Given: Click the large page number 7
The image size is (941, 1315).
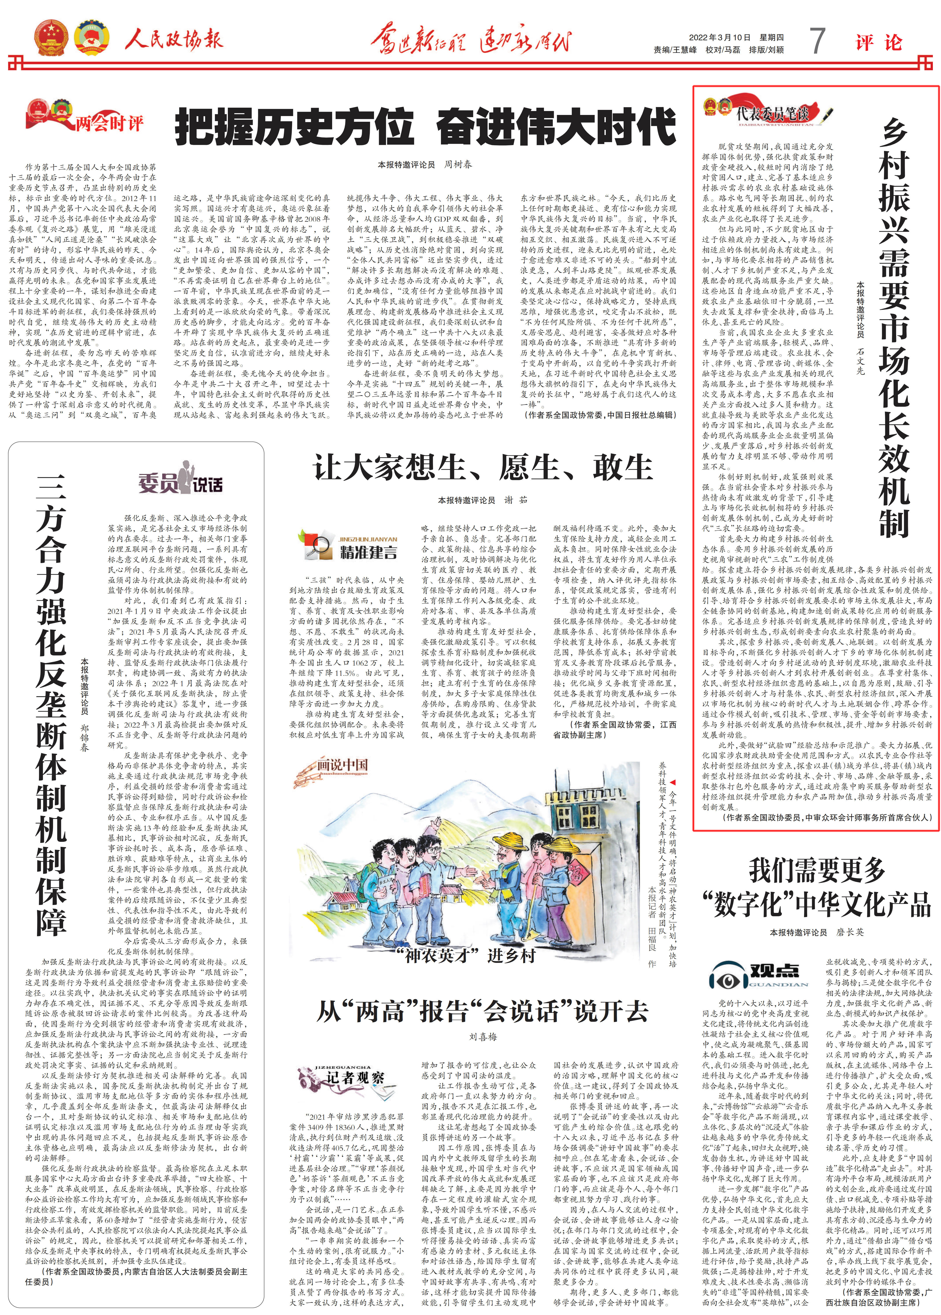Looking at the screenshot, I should tap(817, 41).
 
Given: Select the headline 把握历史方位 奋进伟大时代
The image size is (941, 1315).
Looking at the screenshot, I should tap(426, 127).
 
